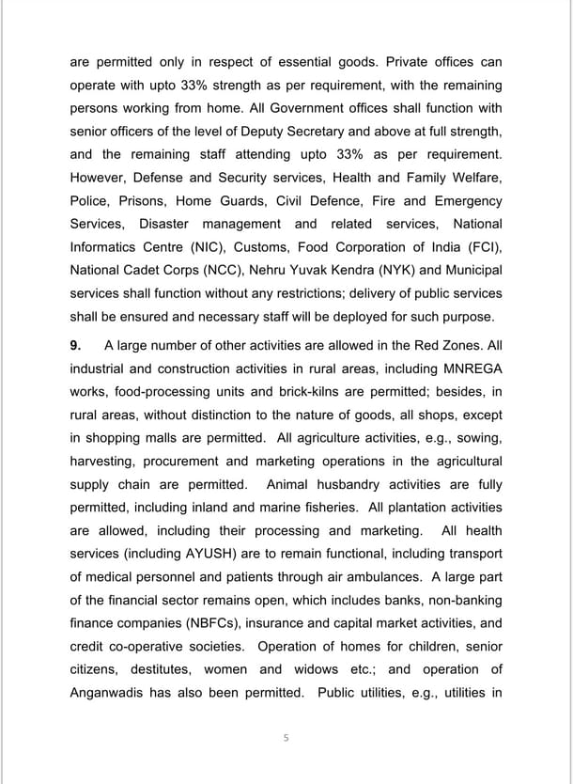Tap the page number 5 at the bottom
286,738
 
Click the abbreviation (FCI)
480,247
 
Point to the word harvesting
104,462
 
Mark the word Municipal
472,271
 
